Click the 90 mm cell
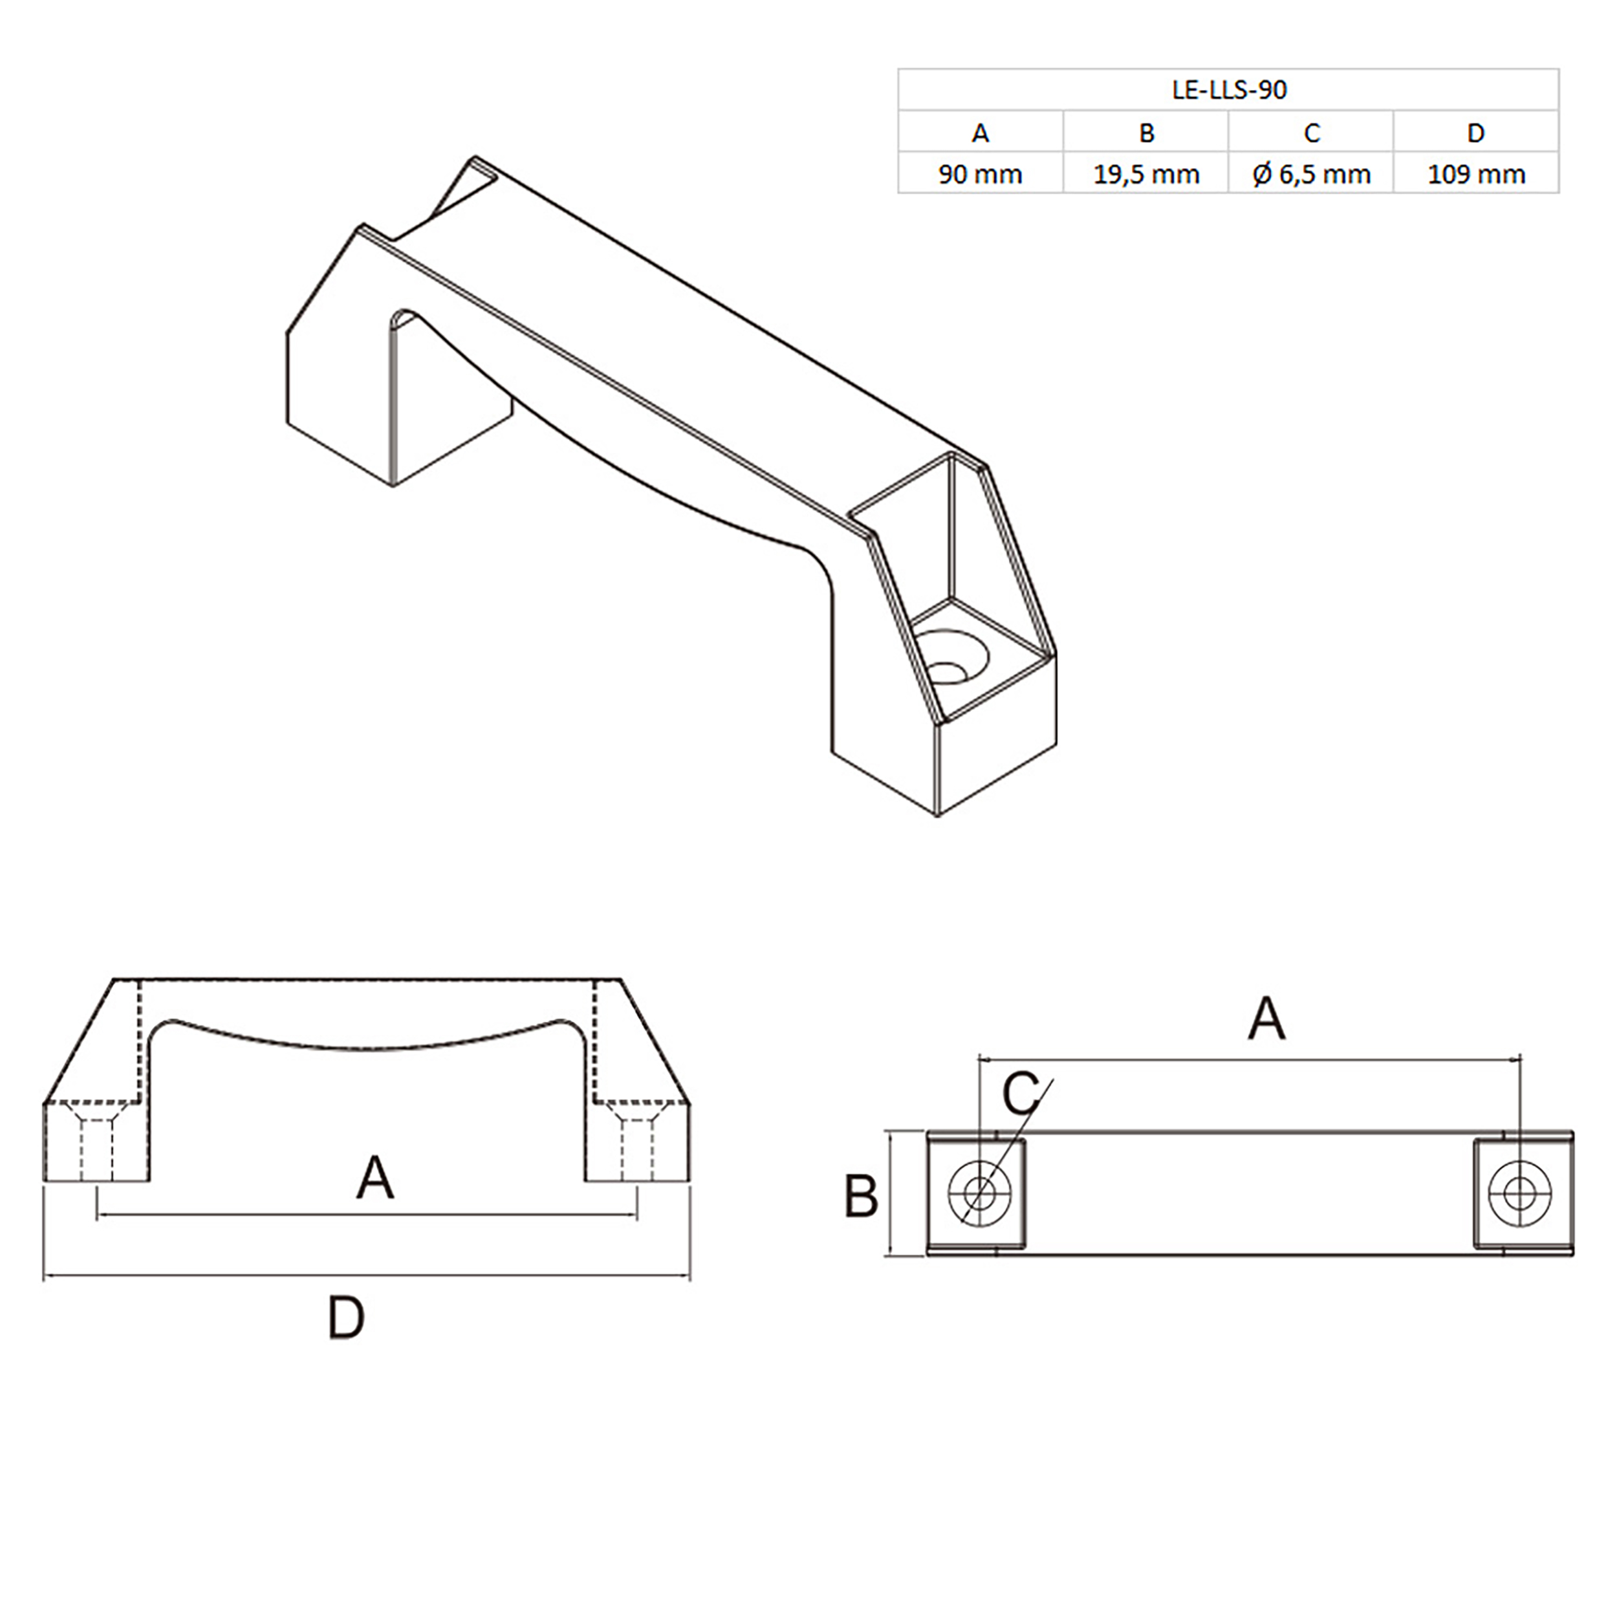point(980,175)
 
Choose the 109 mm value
point(1475,175)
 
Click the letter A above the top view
point(1266,1019)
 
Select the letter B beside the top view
point(860,1196)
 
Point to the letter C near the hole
point(1020,1093)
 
